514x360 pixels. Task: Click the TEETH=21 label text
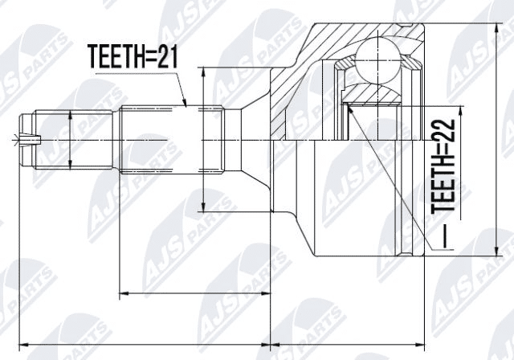(133, 57)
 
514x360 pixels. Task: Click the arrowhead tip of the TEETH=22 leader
(347, 103)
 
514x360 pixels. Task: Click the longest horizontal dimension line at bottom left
(145, 336)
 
